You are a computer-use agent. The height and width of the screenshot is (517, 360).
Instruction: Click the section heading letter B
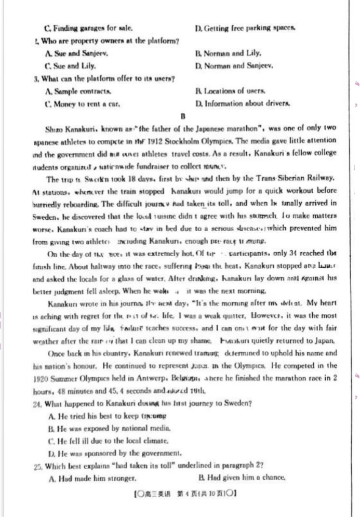pos(183,116)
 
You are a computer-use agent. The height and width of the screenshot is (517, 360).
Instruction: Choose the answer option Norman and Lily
pos(228,53)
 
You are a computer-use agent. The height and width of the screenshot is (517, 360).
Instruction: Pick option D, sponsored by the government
pos(114,453)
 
